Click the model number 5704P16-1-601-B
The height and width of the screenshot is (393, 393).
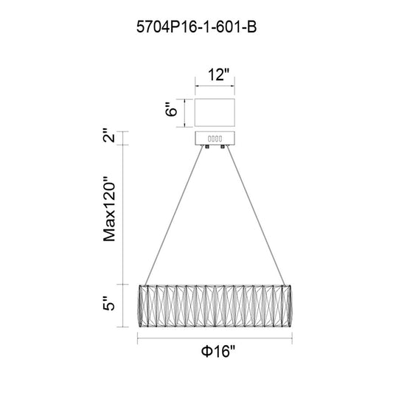tap(196, 27)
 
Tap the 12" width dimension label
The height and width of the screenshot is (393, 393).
tap(218, 74)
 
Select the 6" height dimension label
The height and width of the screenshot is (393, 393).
tap(171, 109)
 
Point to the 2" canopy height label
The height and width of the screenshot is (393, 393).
tap(109, 136)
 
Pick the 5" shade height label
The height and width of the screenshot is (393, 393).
tap(109, 303)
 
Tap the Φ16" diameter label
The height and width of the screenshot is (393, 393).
tap(218, 351)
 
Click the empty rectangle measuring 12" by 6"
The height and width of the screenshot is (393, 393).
tap(215, 113)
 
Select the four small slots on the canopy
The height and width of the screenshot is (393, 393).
tap(215, 139)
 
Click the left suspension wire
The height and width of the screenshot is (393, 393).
tap(174, 215)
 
